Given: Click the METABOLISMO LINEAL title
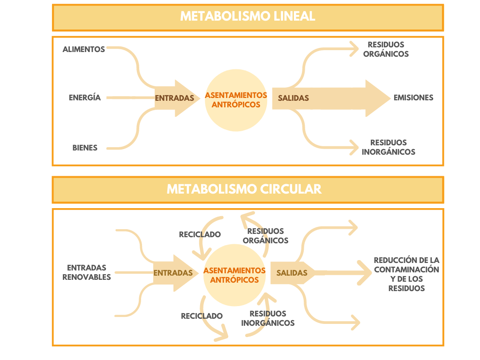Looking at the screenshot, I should (x=247, y=16).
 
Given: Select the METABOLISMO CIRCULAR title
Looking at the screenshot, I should (x=244, y=189).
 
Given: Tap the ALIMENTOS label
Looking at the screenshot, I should (x=84, y=49).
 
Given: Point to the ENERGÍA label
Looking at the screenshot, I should (x=85, y=98).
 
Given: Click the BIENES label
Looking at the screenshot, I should (x=85, y=148).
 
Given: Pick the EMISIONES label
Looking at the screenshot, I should (x=413, y=98).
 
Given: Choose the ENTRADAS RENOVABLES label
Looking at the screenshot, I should (x=87, y=272).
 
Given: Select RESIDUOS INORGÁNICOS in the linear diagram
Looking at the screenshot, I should (x=389, y=147).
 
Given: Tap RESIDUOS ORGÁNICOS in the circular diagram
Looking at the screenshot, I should (x=266, y=236).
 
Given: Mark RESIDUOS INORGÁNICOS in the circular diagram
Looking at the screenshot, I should (x=268, y=318).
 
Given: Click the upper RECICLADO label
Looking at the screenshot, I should (x=200, y=234).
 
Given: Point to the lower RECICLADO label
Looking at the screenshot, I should (x=202, y=316).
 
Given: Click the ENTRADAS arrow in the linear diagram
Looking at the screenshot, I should (x=175, y=98).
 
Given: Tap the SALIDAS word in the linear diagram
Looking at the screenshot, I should (x=293, y=98).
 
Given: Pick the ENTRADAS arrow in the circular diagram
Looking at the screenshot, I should (x=173, y=273).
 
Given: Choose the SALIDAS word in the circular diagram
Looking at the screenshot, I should (x=292, y=273).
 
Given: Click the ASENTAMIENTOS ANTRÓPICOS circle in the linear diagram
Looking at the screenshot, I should (x=236, y=99).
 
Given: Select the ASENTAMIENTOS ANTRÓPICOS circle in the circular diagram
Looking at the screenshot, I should (x=234, y=275).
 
